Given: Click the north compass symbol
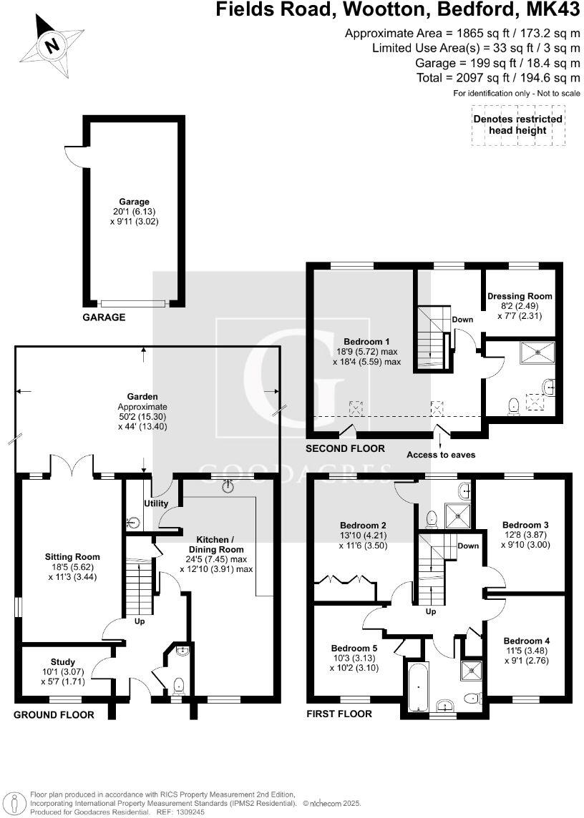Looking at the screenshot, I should coord(51,44).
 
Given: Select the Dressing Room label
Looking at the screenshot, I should coord(520,295).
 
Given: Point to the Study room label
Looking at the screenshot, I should coord(63,661).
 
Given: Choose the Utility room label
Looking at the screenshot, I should coord(157,503).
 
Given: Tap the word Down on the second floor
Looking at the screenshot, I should coord(462,320).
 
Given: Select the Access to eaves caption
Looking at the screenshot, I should coord(440,455).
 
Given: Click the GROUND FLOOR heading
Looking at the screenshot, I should coord(54,714).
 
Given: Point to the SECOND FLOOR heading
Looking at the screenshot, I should coord(346,449).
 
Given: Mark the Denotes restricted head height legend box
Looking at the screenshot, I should coord(517,125).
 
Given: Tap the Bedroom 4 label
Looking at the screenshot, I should coord(526,641).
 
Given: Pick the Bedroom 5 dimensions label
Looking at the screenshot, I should coord(354,663).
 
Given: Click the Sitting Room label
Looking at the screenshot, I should coord(72,556).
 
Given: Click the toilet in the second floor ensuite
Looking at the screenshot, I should coord(512,406).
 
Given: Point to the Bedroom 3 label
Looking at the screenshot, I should coord(525,524).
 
